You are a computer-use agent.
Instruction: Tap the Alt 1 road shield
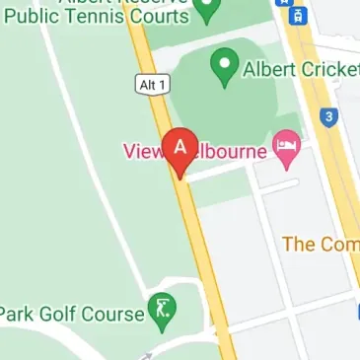(148, 87)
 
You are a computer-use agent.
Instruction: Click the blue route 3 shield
(329, 117)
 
